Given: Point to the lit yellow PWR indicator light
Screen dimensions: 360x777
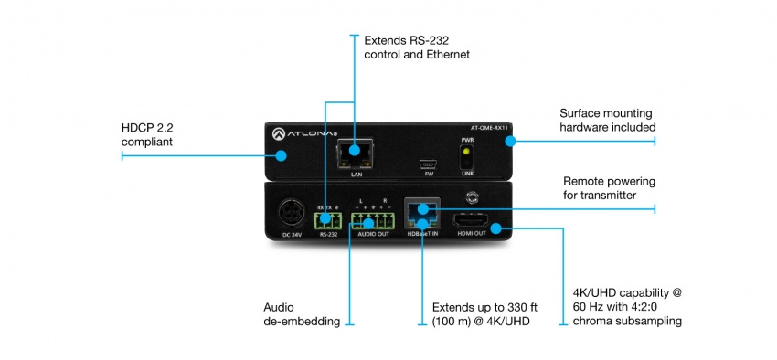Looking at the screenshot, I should tap(466, 153).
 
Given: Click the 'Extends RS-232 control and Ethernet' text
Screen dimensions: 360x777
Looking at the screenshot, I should tap(416, 48).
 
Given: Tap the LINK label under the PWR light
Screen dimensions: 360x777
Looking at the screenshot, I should tap(466, 172).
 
